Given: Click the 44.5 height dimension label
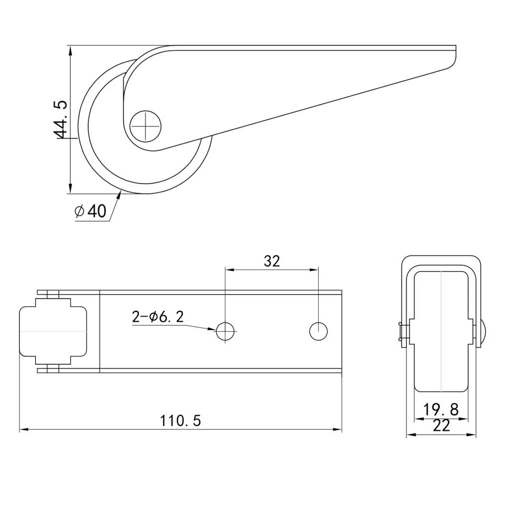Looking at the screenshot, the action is click(x=60, y=120).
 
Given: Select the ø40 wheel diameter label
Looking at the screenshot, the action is click(x=91, y=211).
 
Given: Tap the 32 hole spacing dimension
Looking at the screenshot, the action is click(x=271, y=261).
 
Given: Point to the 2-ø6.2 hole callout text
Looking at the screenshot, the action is click(x=158, y=316).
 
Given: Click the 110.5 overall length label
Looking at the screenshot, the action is click(x=180, y=420).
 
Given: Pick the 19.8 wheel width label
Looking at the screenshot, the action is click(x=441, y=409).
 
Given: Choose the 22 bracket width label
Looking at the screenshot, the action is click(x=441, y=425).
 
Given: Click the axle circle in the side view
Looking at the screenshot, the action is click(x=146, y=126).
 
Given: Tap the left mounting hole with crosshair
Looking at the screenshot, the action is click(x=226, y=331).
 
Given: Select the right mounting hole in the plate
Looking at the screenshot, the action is click(x=318, y=331).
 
